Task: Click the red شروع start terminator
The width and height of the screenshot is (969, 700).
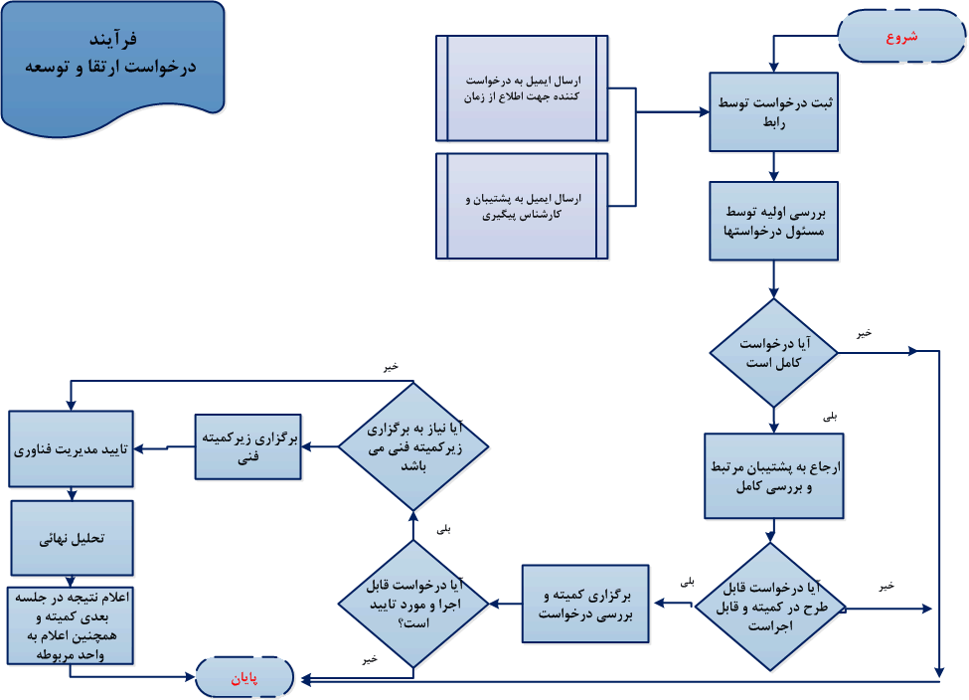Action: [901, 37]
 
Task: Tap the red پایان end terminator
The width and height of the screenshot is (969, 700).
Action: [244, 678]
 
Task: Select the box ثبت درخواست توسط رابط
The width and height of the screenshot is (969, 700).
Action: [773, 111]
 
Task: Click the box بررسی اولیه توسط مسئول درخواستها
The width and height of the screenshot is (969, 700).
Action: [773, 220]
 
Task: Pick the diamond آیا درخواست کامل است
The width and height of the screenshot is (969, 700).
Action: [773, 353]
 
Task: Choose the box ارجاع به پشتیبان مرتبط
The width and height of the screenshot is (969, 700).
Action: [773, 475]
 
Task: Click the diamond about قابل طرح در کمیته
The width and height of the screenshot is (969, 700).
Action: [769, 607]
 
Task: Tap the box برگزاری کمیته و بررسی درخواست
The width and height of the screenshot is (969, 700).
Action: [585, 604]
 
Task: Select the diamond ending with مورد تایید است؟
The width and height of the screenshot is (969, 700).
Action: [412, 604]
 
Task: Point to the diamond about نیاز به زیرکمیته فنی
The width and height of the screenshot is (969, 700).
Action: [412, 446]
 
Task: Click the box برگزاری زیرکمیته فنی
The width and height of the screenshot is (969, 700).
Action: [247, 446]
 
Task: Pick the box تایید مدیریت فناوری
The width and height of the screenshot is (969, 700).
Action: [71, 448]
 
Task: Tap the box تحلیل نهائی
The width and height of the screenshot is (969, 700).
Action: [71, 538]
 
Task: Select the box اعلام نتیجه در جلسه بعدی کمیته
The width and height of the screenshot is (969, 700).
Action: [71, 625]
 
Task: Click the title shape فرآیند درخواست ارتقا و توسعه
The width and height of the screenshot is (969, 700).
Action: [112, 60]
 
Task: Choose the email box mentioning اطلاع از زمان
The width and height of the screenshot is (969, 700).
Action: [522, 88]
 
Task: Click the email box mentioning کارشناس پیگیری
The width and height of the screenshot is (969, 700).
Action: [522, 206]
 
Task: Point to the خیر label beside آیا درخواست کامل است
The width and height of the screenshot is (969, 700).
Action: [864, 333]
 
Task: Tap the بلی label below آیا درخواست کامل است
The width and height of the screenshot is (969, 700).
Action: [830, 418]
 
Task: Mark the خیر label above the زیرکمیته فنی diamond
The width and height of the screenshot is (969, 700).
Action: [391, 367]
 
